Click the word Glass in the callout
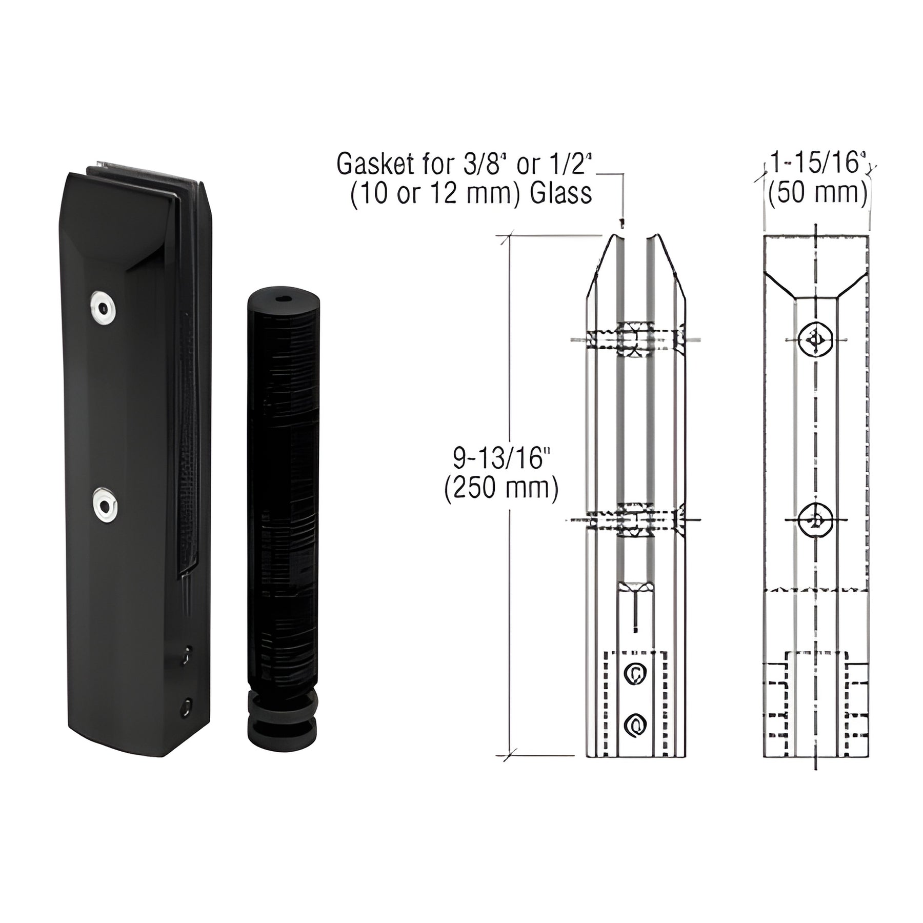coord(561,194)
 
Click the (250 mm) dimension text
coord(501,489)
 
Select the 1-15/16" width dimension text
coord(818,164)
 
